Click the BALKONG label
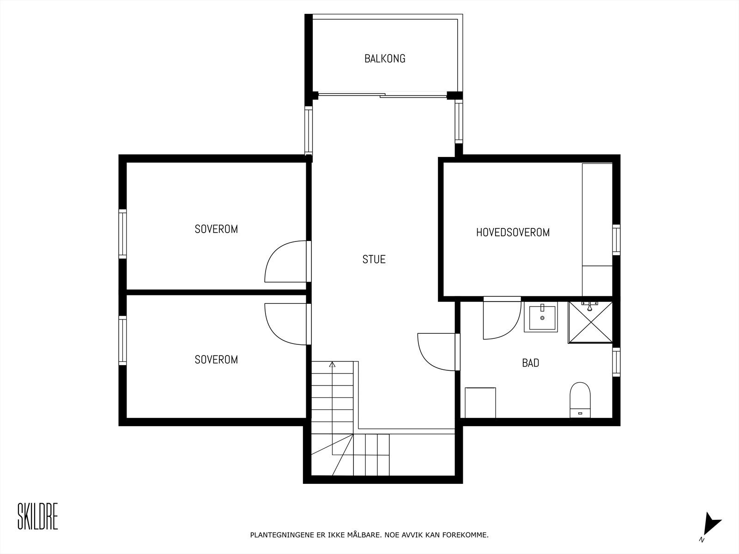[385, 59]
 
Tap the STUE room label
[374, 259]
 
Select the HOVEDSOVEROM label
[513, 232]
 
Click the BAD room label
[530, 363]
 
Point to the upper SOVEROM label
[216, 229]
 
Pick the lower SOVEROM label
[216, 360]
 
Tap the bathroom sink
[540, 317]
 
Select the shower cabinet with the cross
[590, 322]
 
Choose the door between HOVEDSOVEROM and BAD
[501, 319]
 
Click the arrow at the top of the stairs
[332, 365]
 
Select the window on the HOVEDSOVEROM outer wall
[616, 239]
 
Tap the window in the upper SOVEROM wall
[122, 233]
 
